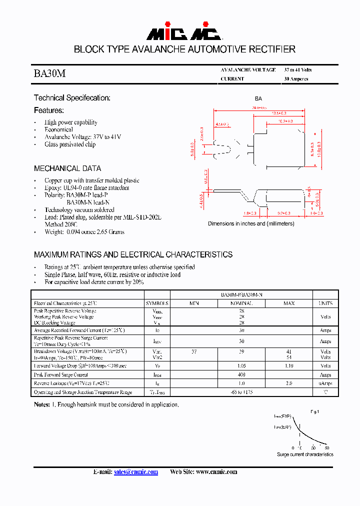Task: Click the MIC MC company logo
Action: pyautogui.click(x=183, y=33)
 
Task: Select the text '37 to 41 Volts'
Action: pyautogui.click(x=297, y=70)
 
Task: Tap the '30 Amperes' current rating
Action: pyautogui.click(x=296, y=79)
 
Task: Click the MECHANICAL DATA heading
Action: pyautogui.click(x=67, y=168)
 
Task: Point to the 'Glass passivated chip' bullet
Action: pyautogui.click(x=69, y=144)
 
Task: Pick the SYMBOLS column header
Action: pyautogui.click(x=157, y=303)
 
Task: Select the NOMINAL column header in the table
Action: pyautogui.click(x=241, y=303)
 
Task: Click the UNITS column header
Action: pyautogui.click(x=325, y=303)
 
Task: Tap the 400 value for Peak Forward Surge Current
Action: pyautogui.click(x=241, y=374)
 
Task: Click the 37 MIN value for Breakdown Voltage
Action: pyautogui.click(x=194, y=352)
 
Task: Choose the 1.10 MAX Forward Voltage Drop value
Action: pyautogui.click(x=289, y=366)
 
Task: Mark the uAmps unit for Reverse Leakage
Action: pyautogui.click(x=325, y=383)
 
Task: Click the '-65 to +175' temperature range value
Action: pyautogui.click(x=241, y=392)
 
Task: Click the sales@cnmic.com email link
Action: pyautogui.click(x=135, y=472)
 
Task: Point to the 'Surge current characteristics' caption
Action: pyautogui.click(x=305, y=454)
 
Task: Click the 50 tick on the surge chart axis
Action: pyautogui.click(x=327, y=448)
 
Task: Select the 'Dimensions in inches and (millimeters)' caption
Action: pyautogui.click(x=250, y=223)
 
